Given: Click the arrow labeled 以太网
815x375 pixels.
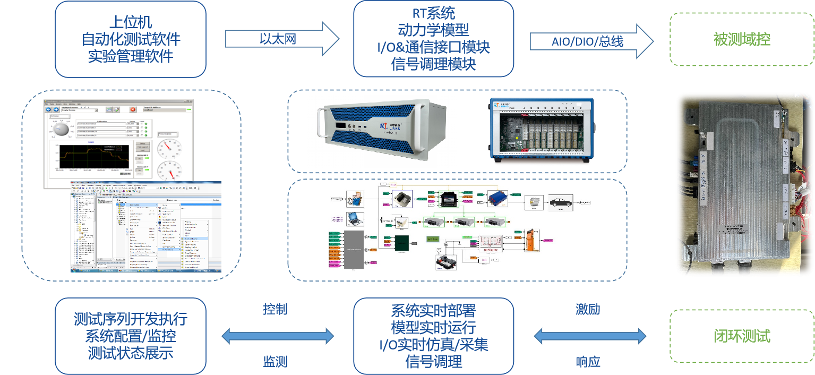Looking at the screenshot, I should (x=282, y=39).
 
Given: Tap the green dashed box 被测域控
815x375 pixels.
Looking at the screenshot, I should (x=742, y=39).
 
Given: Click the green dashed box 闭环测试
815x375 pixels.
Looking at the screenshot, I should (x=742, y=336).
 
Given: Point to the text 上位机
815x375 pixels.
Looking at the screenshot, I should (x=130, y=22).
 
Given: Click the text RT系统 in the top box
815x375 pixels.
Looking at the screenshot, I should (x=433, y=13).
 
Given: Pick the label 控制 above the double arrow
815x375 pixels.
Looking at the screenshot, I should (x=275, y=309).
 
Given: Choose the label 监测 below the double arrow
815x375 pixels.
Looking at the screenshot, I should (x=275, y=362).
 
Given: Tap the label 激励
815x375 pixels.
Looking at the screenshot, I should (x=588, y=309).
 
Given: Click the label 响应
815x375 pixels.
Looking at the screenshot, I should (x=588, y=362).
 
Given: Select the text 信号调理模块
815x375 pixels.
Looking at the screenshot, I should (x=433, y=64).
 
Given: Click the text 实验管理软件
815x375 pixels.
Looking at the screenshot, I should (x=130, y=56).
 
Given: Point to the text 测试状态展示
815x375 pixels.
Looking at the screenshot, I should (x=130, y=353).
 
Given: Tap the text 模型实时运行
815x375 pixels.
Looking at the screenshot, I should (x=433, y=327).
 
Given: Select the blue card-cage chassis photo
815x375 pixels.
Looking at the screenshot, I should (x=541, y=131).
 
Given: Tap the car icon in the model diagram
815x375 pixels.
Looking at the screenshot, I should (x=560, y=203).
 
